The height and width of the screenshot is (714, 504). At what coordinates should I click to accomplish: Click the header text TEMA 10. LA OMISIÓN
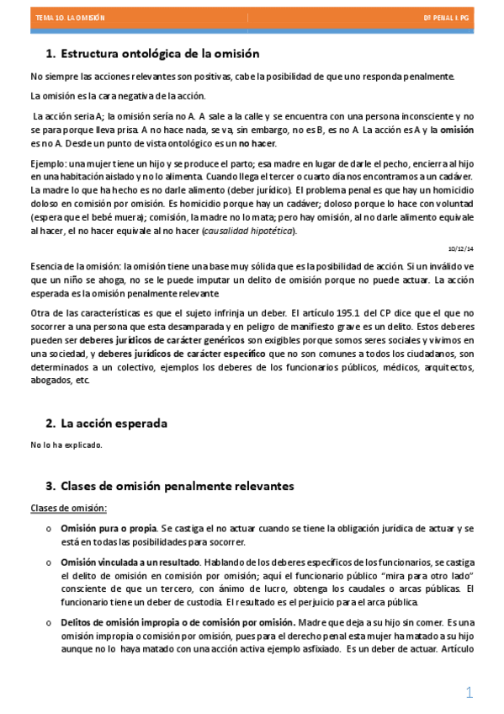click(x=64, y=17)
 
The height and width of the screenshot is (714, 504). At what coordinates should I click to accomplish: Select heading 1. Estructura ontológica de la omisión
click(x=151, y=54)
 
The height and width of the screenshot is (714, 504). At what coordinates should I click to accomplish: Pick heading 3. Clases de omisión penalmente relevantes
click(x=169, y=486)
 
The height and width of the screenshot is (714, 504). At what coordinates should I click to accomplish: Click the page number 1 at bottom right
click(x=470, y=692)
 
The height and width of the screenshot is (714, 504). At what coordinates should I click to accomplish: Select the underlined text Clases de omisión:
click(x=69, y=508)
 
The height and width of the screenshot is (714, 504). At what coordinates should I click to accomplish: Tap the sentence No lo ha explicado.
click(x=66, y=445)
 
